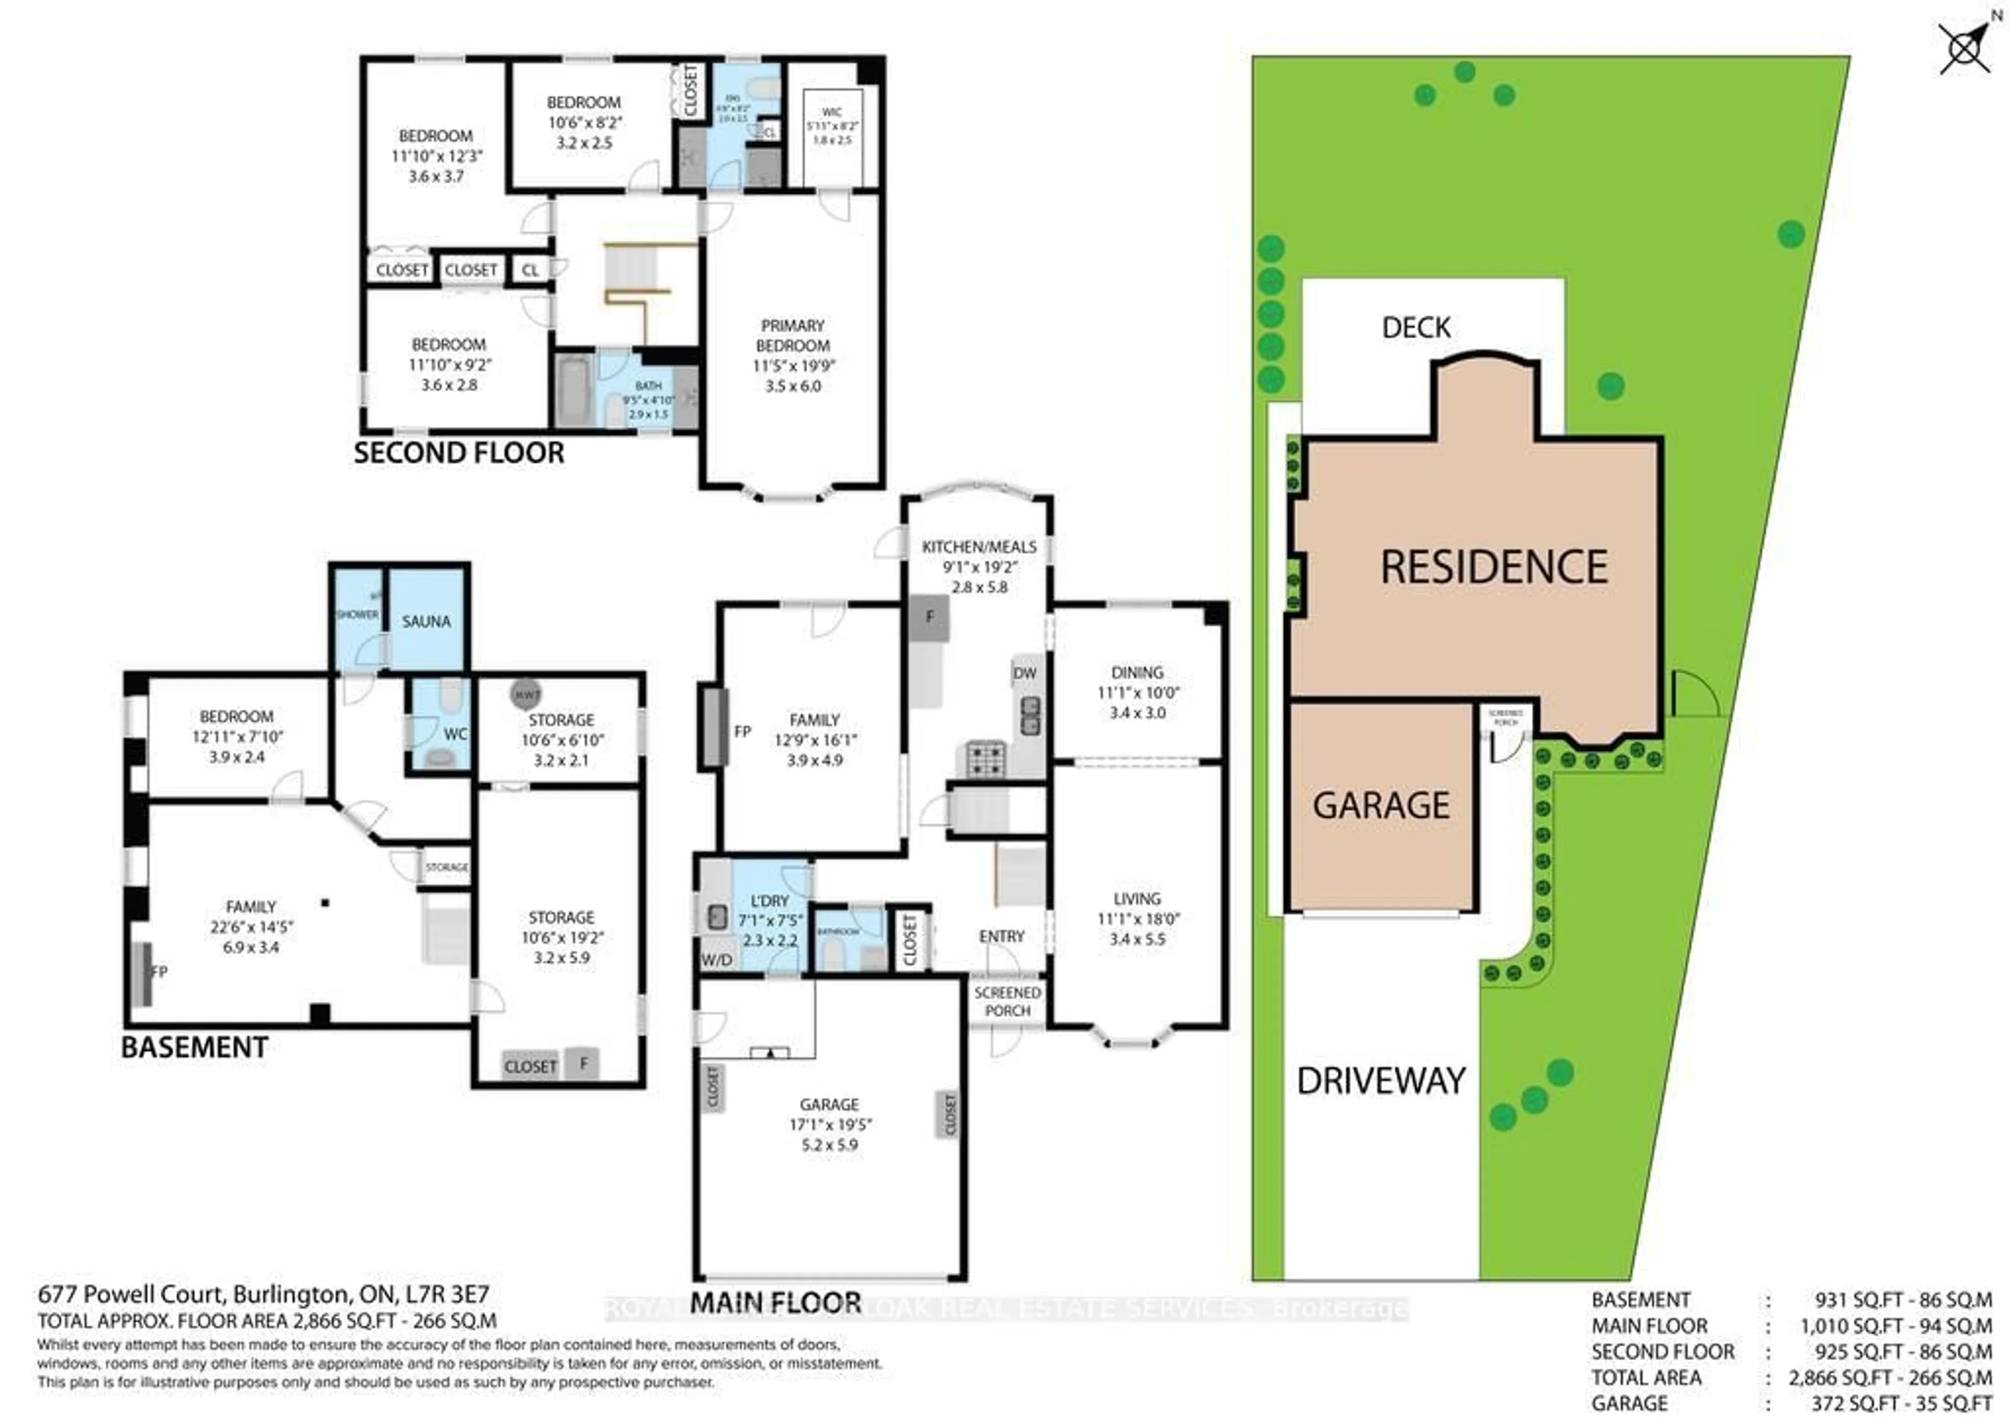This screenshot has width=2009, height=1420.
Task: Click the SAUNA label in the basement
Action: tap(426, 621)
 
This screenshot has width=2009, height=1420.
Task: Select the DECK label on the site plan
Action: tap(1416, 327)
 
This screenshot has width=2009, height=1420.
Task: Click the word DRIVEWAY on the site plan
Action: tap(1381, 1082)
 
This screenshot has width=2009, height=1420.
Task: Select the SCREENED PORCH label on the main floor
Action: tap(1007, 1002)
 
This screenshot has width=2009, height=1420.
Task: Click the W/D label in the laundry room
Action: tap(717, 960)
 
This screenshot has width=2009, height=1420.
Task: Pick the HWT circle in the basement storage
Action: tap(526, 695)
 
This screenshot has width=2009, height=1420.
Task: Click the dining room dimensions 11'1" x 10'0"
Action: tap(1137, 692)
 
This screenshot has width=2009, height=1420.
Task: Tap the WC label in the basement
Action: tap(455, 734)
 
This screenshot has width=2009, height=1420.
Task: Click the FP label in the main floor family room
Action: tap(742, 731)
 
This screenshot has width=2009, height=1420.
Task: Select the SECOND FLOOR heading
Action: tap(458, 453)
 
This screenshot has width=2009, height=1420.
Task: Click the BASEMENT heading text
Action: tap(194, 1047)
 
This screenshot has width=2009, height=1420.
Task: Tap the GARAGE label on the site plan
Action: tap(1381, 805)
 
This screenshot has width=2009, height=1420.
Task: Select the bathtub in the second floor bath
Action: tap(574, 390)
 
